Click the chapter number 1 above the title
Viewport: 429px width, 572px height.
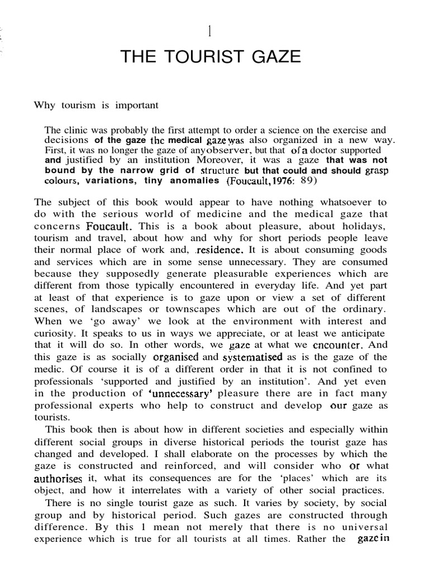point(209,31)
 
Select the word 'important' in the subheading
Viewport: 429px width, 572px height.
point(138,104)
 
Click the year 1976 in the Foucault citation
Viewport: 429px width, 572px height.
point(277,180)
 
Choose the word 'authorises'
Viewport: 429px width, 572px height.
point(58,479)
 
